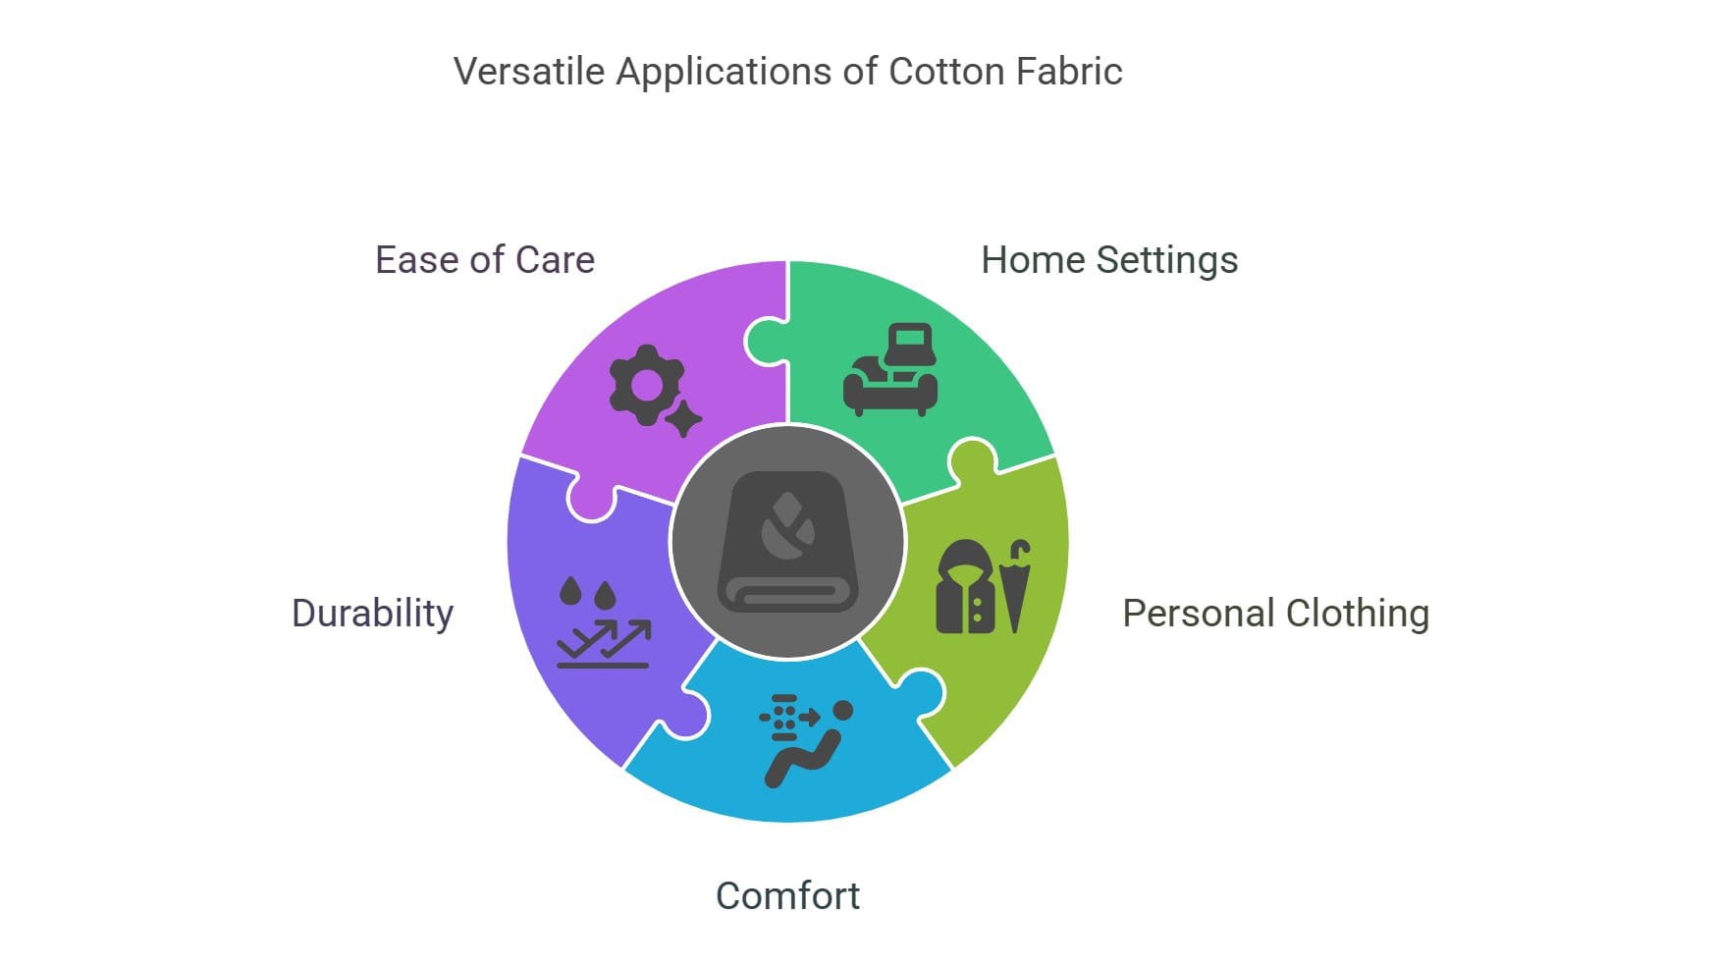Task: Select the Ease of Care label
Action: click(x=485, y=260)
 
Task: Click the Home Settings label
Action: click(x=1109, y=260)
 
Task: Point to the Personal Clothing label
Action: click(x=1275, y=614)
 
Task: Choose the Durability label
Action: click(x=373, y=614)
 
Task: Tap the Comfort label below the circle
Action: click(x=787, y=896)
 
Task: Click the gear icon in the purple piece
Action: click(x=645, y=384)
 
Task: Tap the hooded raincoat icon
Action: click(x=966, y=587)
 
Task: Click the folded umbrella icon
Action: click(x=1017, y=587)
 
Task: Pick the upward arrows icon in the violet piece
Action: click(x=604, y=644)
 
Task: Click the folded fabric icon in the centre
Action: click(x=787, y=542)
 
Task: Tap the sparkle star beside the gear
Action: click(x=683, y=419)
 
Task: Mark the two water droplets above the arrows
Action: click(x=587, y=592)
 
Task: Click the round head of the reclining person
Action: click(x=842, y=710)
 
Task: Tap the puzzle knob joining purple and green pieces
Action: click(x=763, y=342)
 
